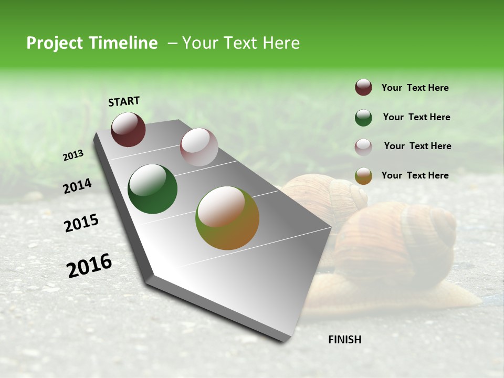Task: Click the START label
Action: (x=124, y=101)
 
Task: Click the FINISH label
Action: (x=344, y=340)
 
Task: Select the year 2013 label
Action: (x=73, y=155)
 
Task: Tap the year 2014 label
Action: (x=77, y=186)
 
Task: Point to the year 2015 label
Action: (x=81, y=223)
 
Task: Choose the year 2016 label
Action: (x=89, y=266)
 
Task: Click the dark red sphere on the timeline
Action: (x=128, y=129)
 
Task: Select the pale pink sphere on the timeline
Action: (x=199, y=147)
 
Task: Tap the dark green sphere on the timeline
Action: (x=152, y=189)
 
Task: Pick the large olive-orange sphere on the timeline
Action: (x=227, y=218)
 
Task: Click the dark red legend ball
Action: (x=363, y=88)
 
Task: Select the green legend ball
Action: (x=363, y=118)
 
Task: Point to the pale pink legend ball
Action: (x=363, y=147)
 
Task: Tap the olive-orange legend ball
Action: (x=363, y=176)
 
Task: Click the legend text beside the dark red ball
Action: (x=415, y=88)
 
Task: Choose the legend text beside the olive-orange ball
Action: (x=415, y=175)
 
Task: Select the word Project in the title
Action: (x=55, y=44)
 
